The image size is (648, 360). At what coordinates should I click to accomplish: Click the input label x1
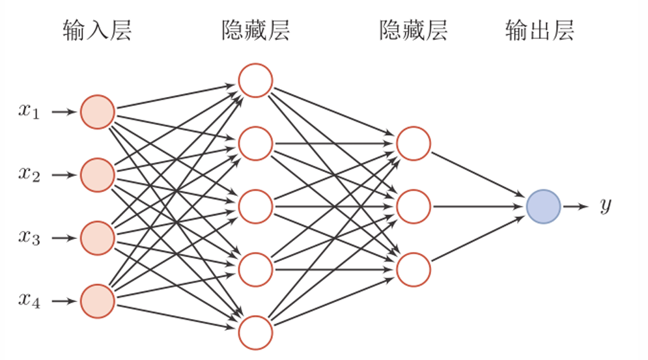[29, 113]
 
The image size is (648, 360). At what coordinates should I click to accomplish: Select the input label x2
[29, 175]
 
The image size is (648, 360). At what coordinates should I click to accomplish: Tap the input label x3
[29, 238]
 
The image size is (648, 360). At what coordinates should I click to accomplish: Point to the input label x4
[29, 301]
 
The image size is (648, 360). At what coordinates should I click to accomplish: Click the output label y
[605, 207]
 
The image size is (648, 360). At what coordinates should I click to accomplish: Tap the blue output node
[543, 207]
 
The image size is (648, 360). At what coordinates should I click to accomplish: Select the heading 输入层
[98, 31]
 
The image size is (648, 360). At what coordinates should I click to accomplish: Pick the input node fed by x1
[98, 113]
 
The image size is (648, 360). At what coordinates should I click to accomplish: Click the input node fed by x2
[98, 175]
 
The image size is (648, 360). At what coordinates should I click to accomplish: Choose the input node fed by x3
[98, 238]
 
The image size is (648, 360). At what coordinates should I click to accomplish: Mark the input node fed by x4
[98, 301]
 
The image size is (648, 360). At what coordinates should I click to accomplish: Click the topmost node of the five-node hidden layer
[255, 81]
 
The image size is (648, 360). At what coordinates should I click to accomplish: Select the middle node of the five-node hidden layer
[255, 207]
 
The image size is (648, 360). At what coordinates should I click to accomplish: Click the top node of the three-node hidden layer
[413, 144]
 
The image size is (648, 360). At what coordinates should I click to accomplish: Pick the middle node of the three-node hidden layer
[413, 207]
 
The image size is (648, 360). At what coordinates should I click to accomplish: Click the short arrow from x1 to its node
[64, 113]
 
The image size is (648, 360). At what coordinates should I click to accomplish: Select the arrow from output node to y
[575, 207]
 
